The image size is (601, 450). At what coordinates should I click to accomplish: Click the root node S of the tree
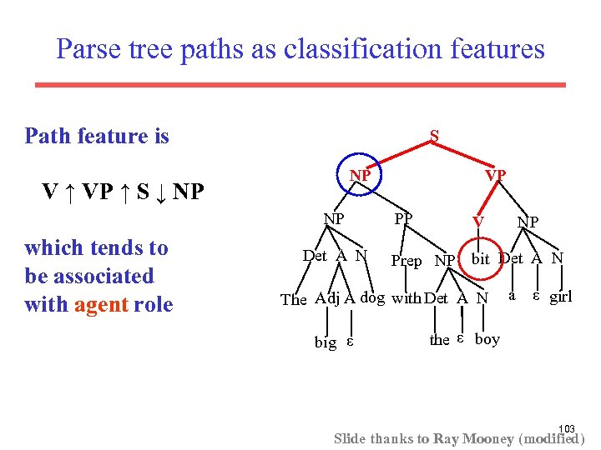click(x=434, y=135)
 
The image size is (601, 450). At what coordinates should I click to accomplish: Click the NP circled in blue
click(x=360, y=176)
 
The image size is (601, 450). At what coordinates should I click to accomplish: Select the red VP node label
click(x=496, y=176)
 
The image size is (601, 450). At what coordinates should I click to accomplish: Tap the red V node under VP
click(x=477, y=221)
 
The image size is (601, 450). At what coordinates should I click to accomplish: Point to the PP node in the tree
click(x=404, y=219)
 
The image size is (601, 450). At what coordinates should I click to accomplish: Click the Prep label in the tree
click(x=407, y=261)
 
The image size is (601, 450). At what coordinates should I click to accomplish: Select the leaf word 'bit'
click(x=480, y=259)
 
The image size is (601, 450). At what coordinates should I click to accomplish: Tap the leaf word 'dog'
click(x=372, y=297)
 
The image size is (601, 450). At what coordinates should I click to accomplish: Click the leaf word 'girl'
click(x=560, y=296)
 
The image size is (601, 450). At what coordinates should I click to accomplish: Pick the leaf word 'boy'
click(x=487, y=339)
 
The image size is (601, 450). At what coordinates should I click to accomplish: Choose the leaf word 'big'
click(x=326, y=342)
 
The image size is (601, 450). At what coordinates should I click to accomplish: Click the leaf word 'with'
click(x=407, y=297)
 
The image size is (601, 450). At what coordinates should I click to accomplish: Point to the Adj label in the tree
click(x=326, y=298)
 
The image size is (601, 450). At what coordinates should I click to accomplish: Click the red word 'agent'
click(x=100, y=305)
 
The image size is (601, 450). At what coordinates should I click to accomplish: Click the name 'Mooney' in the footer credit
click(x=488, y=438)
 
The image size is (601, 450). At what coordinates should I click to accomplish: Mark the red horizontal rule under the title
click(x=300, y=84)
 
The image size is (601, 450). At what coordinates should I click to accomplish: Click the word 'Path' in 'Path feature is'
click(x=47, y=136)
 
